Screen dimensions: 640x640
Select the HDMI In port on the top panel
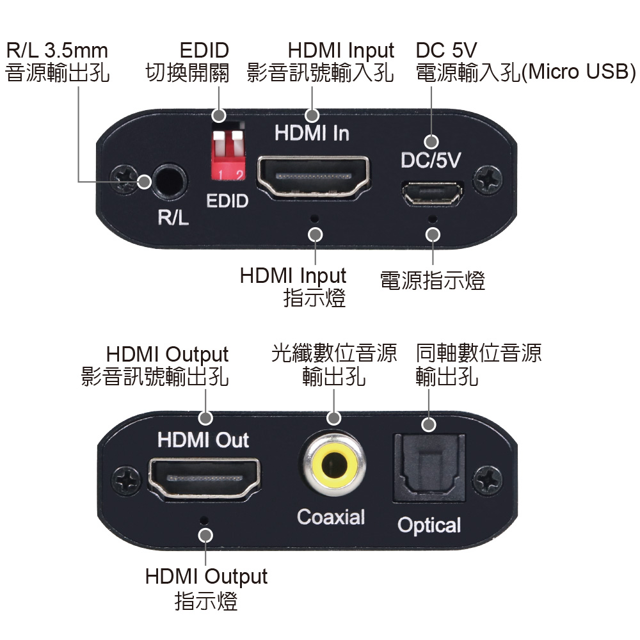pyautogui.click(x=314, y=176)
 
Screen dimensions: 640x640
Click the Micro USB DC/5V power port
pyautogui.click(x=432, y=193)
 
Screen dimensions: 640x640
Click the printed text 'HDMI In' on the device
pyautogui.click(x=312, y=133)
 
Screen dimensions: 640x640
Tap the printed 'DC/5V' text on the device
pyautogui.click(x=430, y=160)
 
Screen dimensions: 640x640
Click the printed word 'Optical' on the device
pyautogui.click(x=429, y=525)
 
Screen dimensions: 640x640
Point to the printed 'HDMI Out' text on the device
pyautogui.click(x=203, y=440)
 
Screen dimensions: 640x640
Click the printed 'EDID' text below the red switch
pyautogui.click(x=227, y=202)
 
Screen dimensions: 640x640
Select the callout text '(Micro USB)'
pyautogui.click(x=579, y=72)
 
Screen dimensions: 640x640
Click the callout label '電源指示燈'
pyautogui.click(x=433, y=280)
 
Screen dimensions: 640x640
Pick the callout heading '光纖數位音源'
pyautogui.click(x=333, y=353)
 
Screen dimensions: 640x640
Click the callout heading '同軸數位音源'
pyautogui.click(x=478, y=353)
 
